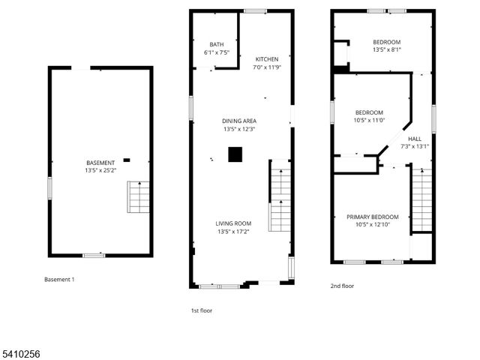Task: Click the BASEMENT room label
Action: [x=100, y=163]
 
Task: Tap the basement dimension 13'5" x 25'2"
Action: [x=100, y=170]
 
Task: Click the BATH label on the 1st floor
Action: [x=217, y=45]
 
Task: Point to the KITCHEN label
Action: [x=267, y=59]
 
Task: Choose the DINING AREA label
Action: [x=239, y=121]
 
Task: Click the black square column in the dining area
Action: [x=235, y=154]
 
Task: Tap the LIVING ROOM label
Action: [x=233, y=223]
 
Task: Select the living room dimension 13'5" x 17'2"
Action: [x=233, y=231]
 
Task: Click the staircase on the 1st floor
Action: [x=280, y=199]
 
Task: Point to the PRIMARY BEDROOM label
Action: [x=373, y=217]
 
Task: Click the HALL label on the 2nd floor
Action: [x=415, y=139]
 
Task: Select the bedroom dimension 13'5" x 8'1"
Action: [x=387, y=49]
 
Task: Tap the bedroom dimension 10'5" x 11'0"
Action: [x=369, y=120]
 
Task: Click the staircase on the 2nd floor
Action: [x=422, y=199]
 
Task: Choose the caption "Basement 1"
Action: [x=59, y=280]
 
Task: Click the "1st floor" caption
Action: [x=202, y=310]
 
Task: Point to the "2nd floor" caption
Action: [x=342, y=286]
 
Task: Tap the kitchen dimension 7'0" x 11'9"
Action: [x=267, y=67]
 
